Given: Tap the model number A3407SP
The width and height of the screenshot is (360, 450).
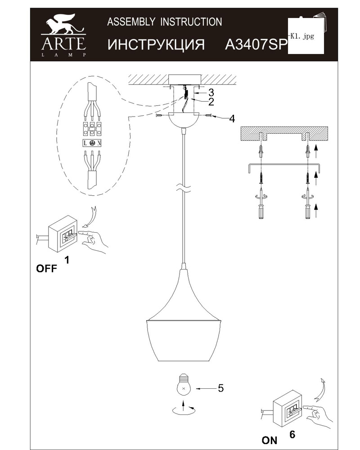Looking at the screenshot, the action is (x=256, y=44).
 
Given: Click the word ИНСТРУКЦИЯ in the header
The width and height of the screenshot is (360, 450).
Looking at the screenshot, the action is (x=156, y=45).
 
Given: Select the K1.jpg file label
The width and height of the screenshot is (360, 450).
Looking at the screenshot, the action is (x=302, y=36).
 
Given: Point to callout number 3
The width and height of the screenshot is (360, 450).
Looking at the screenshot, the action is (x=211, y=92).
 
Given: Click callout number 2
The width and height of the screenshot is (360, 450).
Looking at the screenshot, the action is (x=211, y=102).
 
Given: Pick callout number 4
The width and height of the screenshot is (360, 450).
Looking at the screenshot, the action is (x=232, y=118).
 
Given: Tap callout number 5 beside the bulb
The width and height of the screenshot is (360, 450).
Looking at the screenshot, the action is (x=220, y=388).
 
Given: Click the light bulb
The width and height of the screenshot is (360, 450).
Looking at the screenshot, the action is (x=184, y=386).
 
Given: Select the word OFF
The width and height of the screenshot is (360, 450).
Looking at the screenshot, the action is (x=46, y=269).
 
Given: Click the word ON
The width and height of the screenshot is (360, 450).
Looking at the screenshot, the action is (x=270, y=440).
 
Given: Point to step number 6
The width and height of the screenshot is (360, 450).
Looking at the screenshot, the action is (x=292, y=435).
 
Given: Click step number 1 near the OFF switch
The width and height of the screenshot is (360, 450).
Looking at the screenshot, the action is (x=67, y=260).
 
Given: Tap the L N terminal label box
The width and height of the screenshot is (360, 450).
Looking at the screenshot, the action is (x=92, y=143).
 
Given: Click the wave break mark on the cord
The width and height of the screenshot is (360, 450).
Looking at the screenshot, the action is (x=183, y=188).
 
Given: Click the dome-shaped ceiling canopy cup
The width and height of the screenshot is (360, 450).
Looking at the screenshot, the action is (x=183, y=120).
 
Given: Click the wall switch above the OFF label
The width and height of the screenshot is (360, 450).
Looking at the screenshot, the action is (x=63, y=234).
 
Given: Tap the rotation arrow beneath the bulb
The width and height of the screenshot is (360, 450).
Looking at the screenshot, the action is (x=184, y=409).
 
